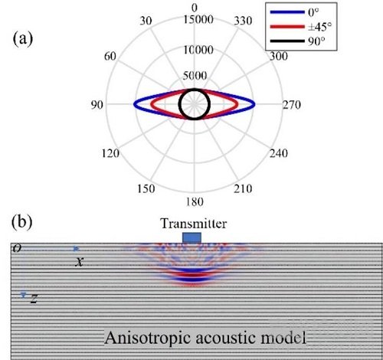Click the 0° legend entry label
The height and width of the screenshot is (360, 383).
coord(313,12)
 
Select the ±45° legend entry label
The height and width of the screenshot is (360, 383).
coord(319,27)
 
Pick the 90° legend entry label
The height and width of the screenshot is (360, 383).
coord(316,41)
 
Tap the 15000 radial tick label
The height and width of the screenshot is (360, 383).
coord(198,19)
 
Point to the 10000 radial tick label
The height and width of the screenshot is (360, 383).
coord(198,50)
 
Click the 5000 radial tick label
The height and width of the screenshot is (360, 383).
coord(195,76)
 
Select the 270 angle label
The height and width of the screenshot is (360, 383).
coord(291,105)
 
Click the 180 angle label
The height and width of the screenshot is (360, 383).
coord(195,201)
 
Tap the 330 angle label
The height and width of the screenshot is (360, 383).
coord(243,21)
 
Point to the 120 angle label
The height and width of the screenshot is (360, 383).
coord(110,153)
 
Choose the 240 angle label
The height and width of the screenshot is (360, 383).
coord(279,153)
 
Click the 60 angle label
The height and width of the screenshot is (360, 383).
coord(110,56)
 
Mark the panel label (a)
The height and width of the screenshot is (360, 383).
coord(23,40)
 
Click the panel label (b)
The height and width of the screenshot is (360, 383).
coord(22,222)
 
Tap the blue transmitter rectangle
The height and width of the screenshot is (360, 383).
coord(191,237)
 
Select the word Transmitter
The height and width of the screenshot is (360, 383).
coord(194,224)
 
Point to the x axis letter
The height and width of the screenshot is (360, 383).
coord(79,262)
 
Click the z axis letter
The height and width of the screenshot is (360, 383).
coord(34,298)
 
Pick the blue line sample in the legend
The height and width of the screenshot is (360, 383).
coord(287,12)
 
